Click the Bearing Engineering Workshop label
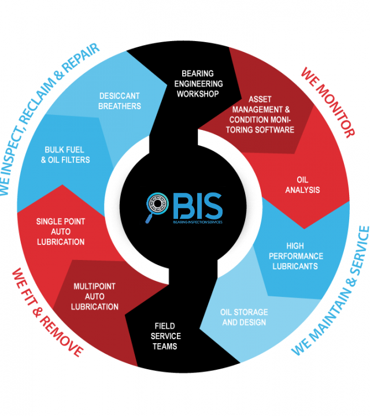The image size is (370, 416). (198, 83)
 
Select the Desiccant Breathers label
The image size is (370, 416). (120, 101)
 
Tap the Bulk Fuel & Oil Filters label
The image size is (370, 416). (67, 155)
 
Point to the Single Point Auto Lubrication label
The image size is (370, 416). (60, 231)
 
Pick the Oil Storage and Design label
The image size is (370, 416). (244, 317)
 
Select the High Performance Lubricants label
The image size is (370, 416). (297, 256)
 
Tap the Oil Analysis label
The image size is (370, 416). (302, 184)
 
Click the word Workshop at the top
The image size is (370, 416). (198, 93)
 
